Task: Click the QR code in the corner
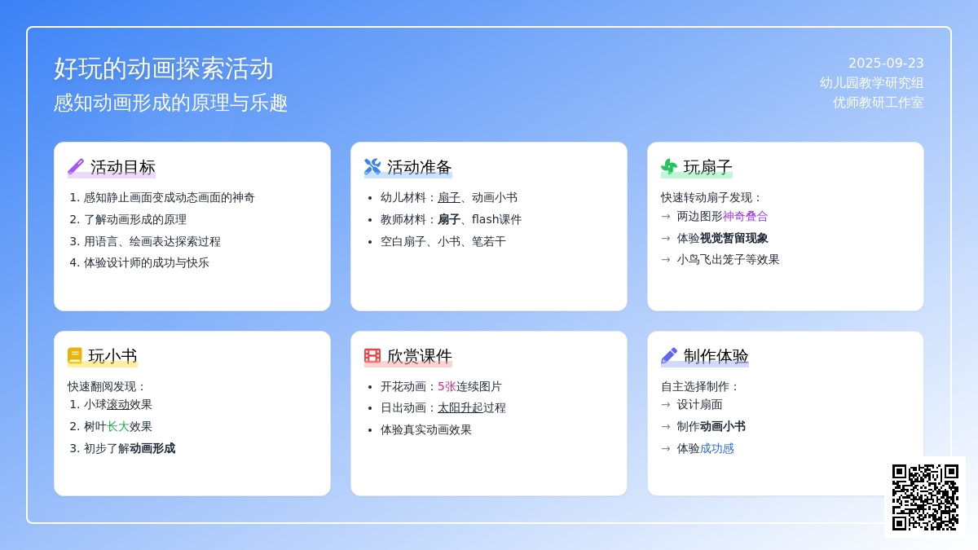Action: (925, 497)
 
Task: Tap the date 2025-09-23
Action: (886, 64)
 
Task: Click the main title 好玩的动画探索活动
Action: (164, 69)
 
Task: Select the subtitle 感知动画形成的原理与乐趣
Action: (170, 103)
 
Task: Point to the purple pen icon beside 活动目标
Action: (76, 167)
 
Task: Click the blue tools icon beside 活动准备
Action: (372, 167)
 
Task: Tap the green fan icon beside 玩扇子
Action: (669, 167)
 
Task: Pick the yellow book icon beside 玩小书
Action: (75, 356)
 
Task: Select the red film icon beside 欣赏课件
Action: (372, 356)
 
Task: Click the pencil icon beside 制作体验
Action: (669, 356)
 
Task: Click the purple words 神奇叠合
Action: (745, 217)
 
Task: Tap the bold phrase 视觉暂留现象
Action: (734, 238)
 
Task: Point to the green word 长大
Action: (118, 426)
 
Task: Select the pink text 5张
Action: (447, 387)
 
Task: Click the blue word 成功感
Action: (717, 449)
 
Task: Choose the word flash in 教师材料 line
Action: (485, 219)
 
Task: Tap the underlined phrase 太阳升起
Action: (460, 408)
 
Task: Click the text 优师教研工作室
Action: (878, 103)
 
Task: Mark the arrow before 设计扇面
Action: (666, 405)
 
